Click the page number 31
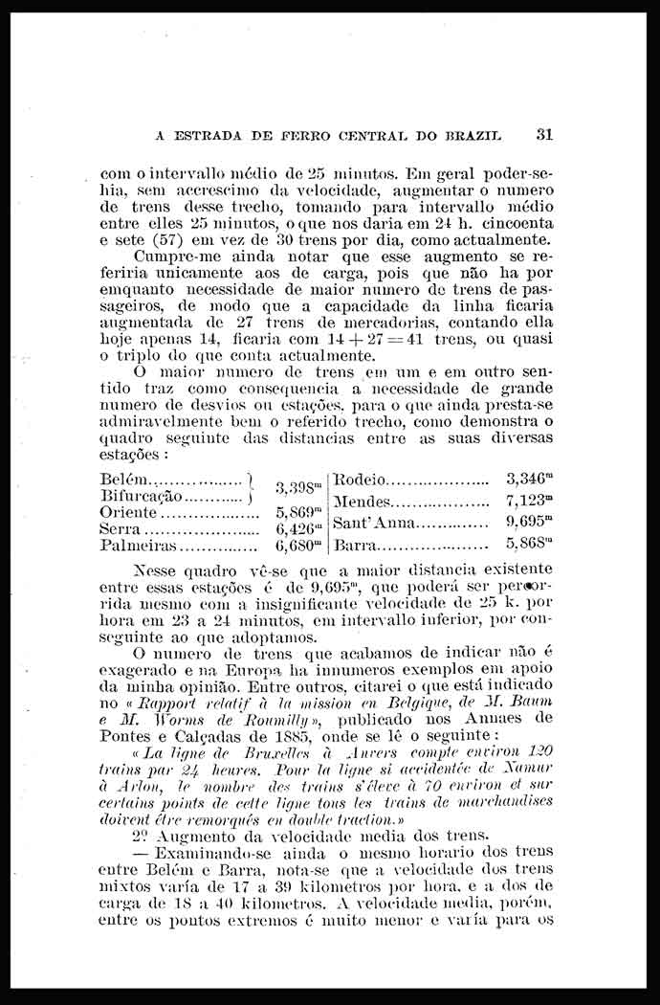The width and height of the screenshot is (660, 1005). click(545, 135)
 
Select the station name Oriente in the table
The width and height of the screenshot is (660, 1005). click(128, 511)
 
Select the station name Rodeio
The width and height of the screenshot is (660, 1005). click(360, 479)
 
